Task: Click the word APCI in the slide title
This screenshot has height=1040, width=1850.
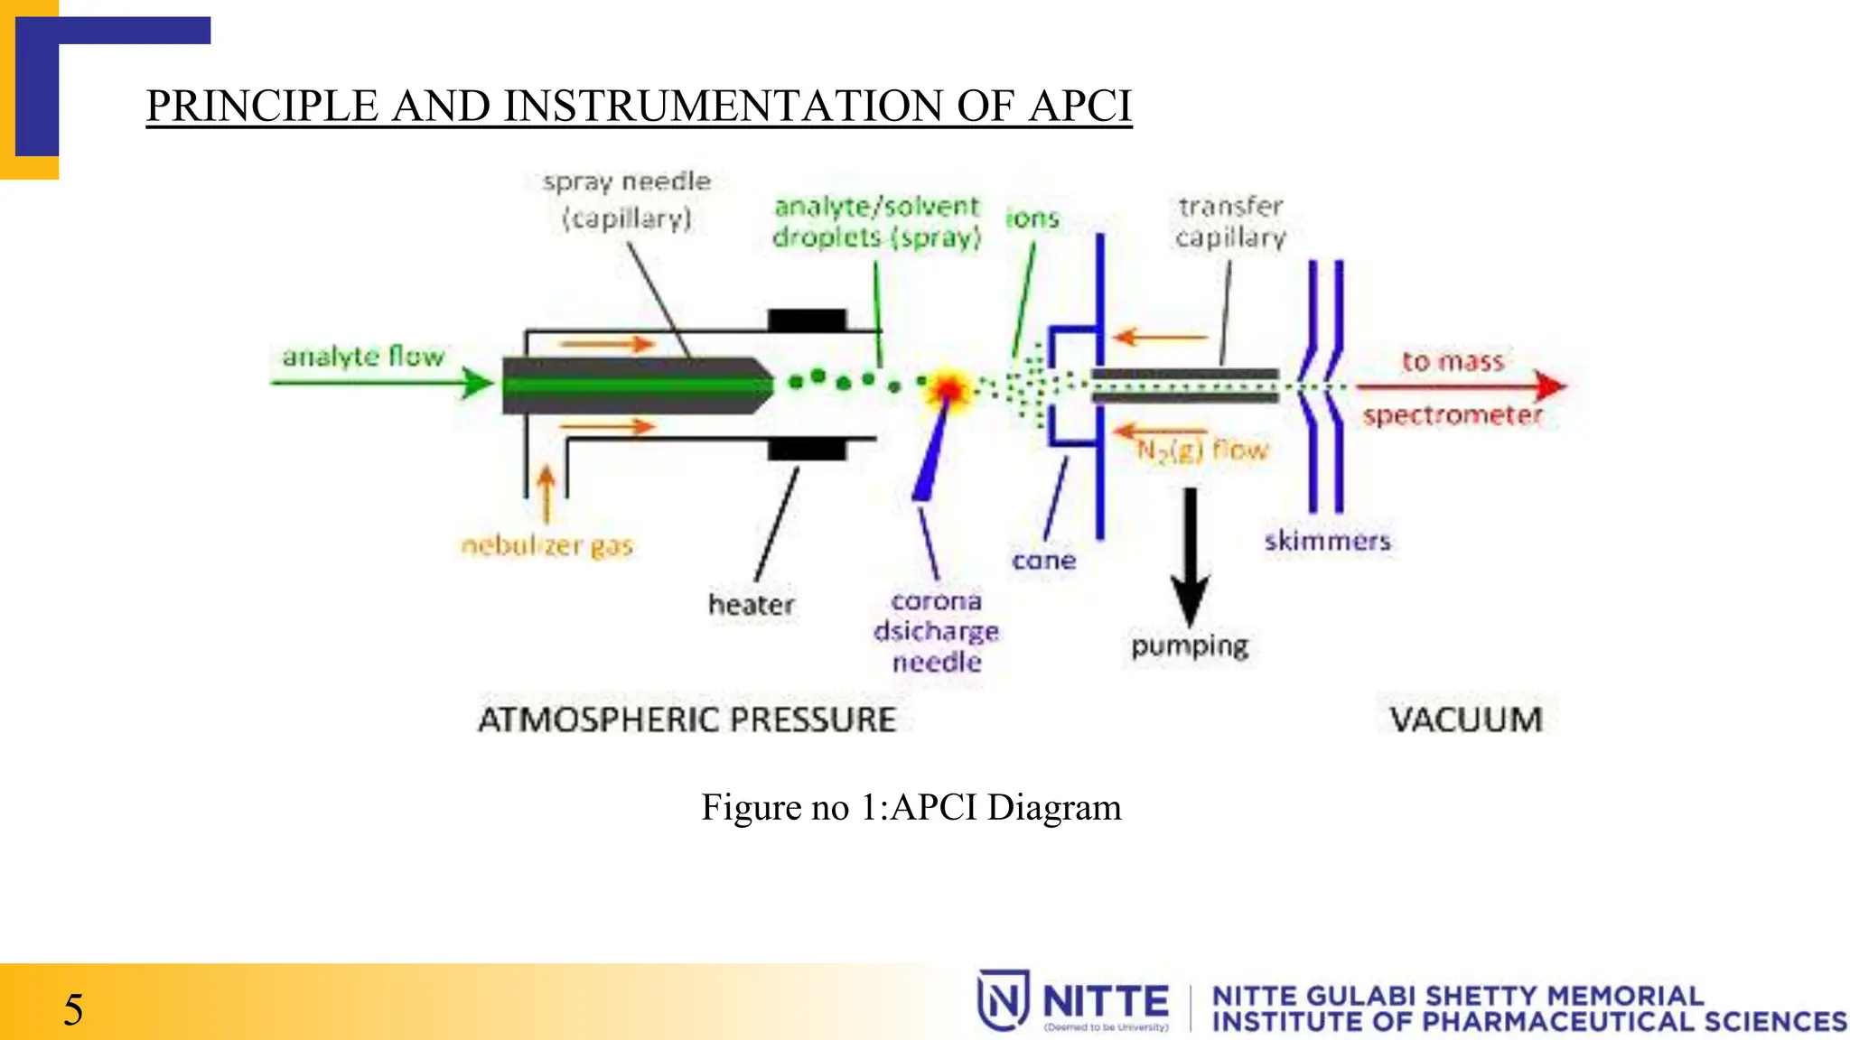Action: coord(1079,106)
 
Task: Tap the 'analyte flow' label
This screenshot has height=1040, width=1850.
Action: coord(363,357)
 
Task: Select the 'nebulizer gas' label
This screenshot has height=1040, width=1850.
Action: coord(547,545)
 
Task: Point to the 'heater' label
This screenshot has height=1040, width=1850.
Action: coord(751,604)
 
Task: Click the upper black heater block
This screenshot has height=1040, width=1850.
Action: coord(807,320)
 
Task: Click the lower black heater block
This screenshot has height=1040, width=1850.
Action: coord(807,449)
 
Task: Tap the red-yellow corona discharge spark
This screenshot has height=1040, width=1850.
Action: coord(948,388)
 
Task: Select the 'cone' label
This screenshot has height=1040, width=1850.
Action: coord(1043,561)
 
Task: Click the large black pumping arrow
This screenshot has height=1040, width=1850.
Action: coord(1190,560)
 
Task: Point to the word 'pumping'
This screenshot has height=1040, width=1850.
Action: coord(1190,646)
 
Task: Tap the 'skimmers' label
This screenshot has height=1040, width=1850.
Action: coord(1327,541)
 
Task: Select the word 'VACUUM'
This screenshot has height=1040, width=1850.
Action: coord(1465,720)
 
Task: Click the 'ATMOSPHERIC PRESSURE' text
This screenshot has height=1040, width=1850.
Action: coord(687,720)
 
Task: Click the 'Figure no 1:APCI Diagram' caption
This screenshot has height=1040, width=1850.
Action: coord(911,806)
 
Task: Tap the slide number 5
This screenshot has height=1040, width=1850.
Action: coord(73,1009)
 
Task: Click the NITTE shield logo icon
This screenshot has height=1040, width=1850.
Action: coord(1003,1000)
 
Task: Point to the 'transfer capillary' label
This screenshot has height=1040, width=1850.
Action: coord(1230,222)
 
